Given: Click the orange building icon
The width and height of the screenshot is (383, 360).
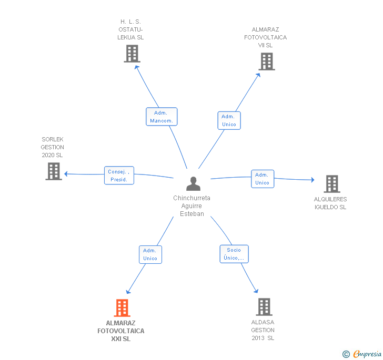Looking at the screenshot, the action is click(122, 308).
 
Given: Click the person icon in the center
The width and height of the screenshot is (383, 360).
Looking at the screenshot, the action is click(193, 183).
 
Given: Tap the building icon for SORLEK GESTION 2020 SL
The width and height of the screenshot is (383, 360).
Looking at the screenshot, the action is click(54, 171).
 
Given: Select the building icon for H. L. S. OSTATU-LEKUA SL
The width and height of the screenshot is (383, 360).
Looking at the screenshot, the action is click(132, 54).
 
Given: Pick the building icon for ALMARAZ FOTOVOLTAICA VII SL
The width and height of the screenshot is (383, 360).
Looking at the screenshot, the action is click(267, 61).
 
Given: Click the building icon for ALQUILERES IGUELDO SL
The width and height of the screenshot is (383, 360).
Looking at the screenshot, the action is click(332, 184).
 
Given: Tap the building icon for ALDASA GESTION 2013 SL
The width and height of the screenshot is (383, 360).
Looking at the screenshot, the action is click(264, 307).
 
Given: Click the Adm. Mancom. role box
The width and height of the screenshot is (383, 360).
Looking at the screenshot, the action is click(162, 117).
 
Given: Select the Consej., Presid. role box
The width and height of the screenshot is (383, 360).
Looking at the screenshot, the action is click(119, 176).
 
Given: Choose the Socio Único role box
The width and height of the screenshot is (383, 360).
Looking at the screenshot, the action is click(234, 254).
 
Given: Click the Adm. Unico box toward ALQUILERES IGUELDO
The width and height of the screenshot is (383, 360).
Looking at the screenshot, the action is click(263, 179).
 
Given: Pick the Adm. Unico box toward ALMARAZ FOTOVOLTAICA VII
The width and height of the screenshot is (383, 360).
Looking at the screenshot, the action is click(229, 120).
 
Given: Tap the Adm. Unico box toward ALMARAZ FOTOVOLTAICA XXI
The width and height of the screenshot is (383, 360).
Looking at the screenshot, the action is click(150, 254).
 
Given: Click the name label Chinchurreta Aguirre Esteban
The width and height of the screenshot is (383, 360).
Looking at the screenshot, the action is click(191, 205).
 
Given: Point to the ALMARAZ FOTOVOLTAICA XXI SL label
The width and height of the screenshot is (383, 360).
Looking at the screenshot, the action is click(121, 331).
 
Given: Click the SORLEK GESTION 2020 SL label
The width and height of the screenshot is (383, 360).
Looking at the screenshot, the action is click(52, 147).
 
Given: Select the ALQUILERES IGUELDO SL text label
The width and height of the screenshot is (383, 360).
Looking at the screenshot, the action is click(330, 203).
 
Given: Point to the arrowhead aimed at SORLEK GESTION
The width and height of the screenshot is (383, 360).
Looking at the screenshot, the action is click(66, 174).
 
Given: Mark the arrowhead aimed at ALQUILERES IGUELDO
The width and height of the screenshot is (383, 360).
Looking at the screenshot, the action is click(313, 180).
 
